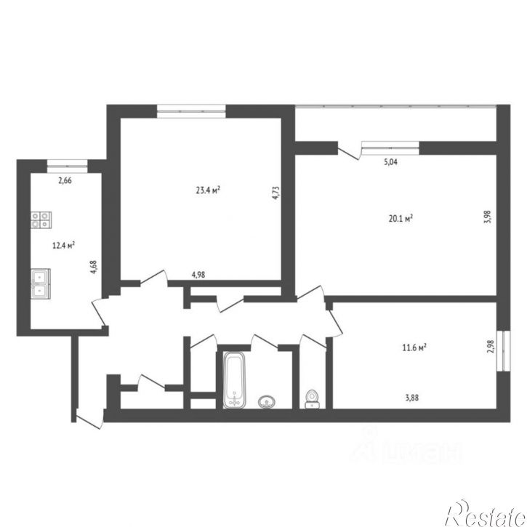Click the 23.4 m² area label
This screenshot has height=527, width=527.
[x=208, y=190]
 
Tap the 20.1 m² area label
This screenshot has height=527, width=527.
[x=401, y=217]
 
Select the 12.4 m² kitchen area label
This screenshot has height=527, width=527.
[x=65, y=245]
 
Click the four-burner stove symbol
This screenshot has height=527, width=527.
[x=41, y=220]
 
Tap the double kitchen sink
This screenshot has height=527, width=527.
[x=41, y=283]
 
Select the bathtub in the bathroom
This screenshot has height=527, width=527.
[x=235, y=379]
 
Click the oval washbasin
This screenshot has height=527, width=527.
[x=267, y=401]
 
